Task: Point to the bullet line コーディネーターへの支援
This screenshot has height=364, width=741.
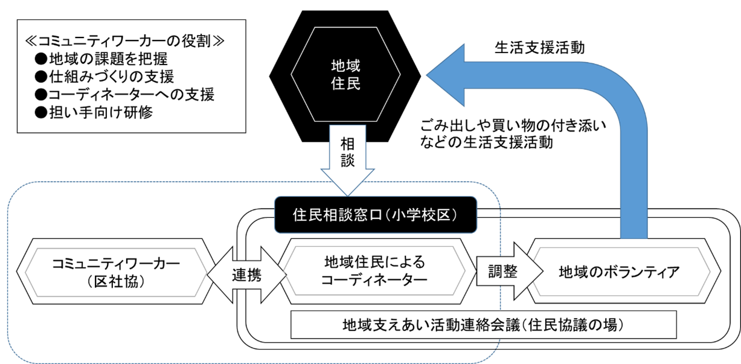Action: click(124, 95)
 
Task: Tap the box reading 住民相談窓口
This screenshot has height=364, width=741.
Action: click(375, 214)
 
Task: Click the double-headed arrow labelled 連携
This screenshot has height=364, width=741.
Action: click(246, 275)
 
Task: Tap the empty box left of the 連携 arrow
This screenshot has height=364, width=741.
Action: click(115, 272)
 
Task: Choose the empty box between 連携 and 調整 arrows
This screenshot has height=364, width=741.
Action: click(375, 272)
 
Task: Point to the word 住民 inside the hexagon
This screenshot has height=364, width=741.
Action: click(346, 84)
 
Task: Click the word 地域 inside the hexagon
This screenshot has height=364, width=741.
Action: click(346, 65)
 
